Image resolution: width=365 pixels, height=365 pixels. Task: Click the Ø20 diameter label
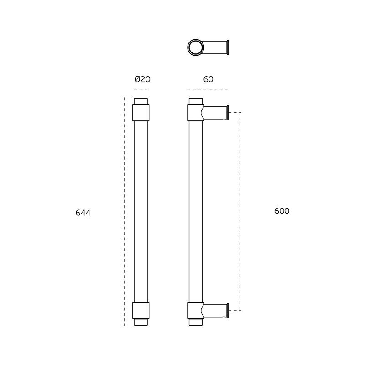pos(142,79)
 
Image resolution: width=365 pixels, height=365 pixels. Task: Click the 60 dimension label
pos(208,79)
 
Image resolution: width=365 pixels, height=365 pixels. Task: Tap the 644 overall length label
pos(83,213)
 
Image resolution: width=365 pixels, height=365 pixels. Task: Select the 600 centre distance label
pos(282,211)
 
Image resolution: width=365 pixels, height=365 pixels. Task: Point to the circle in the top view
pos(196,39)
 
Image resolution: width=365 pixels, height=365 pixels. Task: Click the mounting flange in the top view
pos(228,47)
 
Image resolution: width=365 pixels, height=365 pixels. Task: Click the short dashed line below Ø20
pos(141,89)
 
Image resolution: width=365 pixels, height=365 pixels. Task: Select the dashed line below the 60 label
pos(208,89)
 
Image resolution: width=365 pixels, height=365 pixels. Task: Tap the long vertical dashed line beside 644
pos(124,212)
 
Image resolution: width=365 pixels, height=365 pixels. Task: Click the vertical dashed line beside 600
pos(240,212)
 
